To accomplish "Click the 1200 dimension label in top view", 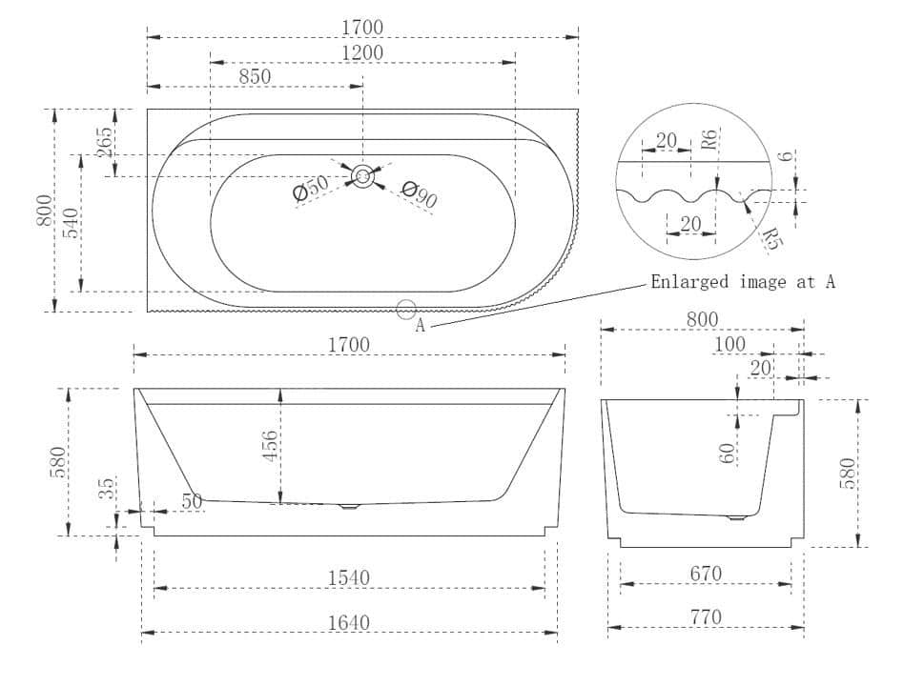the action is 362,52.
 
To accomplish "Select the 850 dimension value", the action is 255,76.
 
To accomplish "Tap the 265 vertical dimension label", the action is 105,142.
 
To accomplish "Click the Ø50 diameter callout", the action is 311,188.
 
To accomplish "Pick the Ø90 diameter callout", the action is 420,194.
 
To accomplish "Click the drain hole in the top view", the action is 362,175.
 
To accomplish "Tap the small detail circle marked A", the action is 406,310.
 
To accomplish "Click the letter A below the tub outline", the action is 421,326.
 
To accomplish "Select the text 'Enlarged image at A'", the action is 743,282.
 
